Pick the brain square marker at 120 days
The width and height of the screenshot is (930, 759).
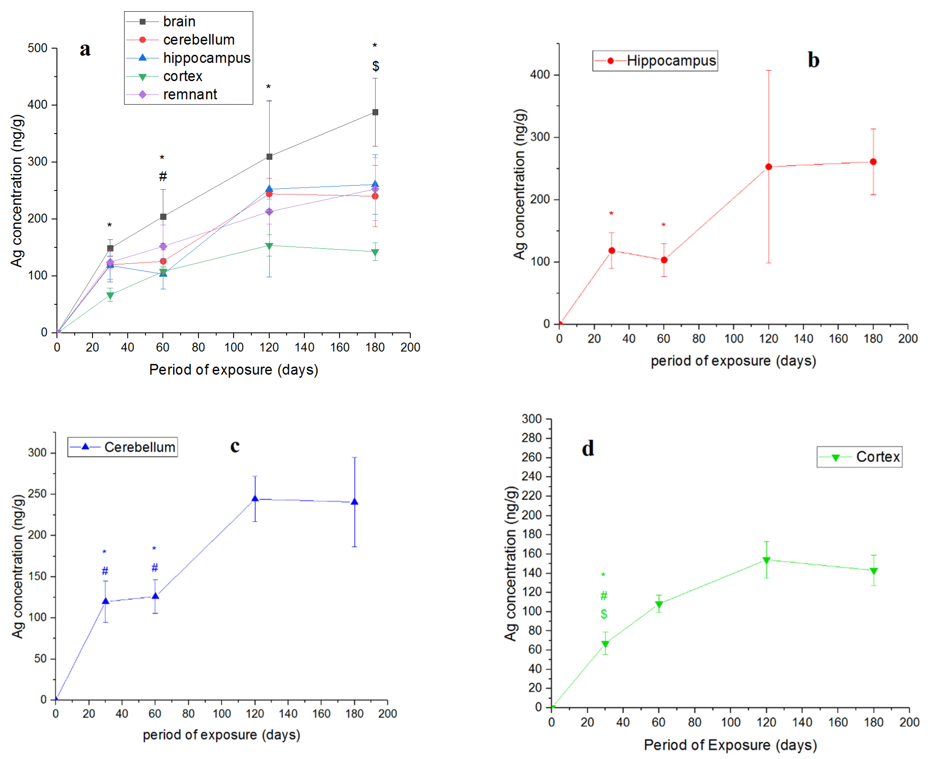(x=269, y=156)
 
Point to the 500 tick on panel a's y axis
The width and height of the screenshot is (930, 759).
(x=38, y=48)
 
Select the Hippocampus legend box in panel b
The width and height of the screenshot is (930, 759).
(x=655, y=61)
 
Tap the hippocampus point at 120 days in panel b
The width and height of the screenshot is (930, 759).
(x=768, y=167)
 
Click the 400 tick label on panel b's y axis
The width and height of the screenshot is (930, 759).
(x=540, y=75)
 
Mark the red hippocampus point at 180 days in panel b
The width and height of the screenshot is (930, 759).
(x=873, y=162)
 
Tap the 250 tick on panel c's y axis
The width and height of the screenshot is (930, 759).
(x=37, y=494)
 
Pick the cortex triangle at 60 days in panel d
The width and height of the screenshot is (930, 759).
(x=659, y=605)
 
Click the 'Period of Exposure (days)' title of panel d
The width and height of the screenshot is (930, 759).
(x=730, y=744)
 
